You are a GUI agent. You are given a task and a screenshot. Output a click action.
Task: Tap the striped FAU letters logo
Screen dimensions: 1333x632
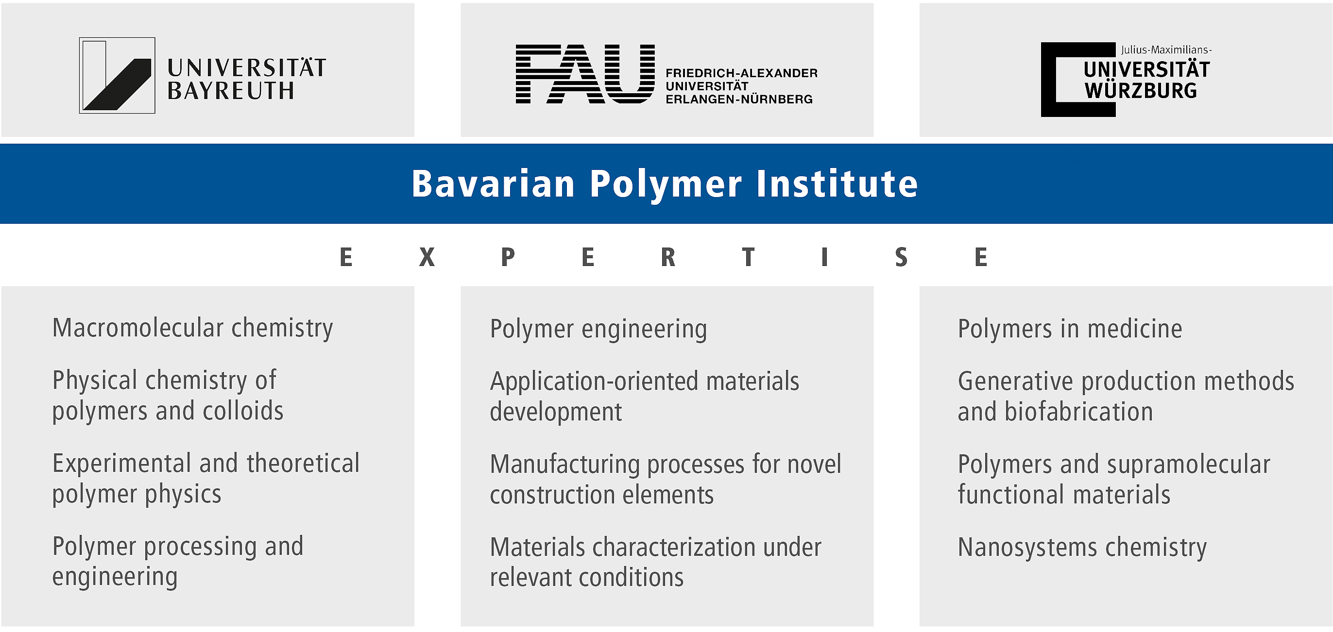pos(585,74)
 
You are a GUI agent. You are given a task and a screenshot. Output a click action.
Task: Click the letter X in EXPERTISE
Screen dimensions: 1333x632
pos(427,257)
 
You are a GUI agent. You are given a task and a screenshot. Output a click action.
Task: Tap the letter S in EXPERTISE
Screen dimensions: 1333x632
pos(901,257)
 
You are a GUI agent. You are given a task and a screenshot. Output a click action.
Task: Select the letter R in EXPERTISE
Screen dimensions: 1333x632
pos(668,257)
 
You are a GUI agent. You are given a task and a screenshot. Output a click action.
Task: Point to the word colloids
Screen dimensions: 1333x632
pos(243,411)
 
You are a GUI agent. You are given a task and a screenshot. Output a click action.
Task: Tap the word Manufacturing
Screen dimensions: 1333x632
pos(565,465)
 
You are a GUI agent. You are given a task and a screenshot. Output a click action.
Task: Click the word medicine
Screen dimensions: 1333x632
pos(1135,329)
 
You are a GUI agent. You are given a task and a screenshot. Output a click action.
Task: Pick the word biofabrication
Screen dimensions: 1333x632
pos(1079,412)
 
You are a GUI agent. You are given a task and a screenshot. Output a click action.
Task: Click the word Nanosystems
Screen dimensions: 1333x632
pos(1028,547)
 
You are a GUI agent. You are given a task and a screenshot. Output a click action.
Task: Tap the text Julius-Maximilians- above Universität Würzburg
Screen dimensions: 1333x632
pos(1166,50)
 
